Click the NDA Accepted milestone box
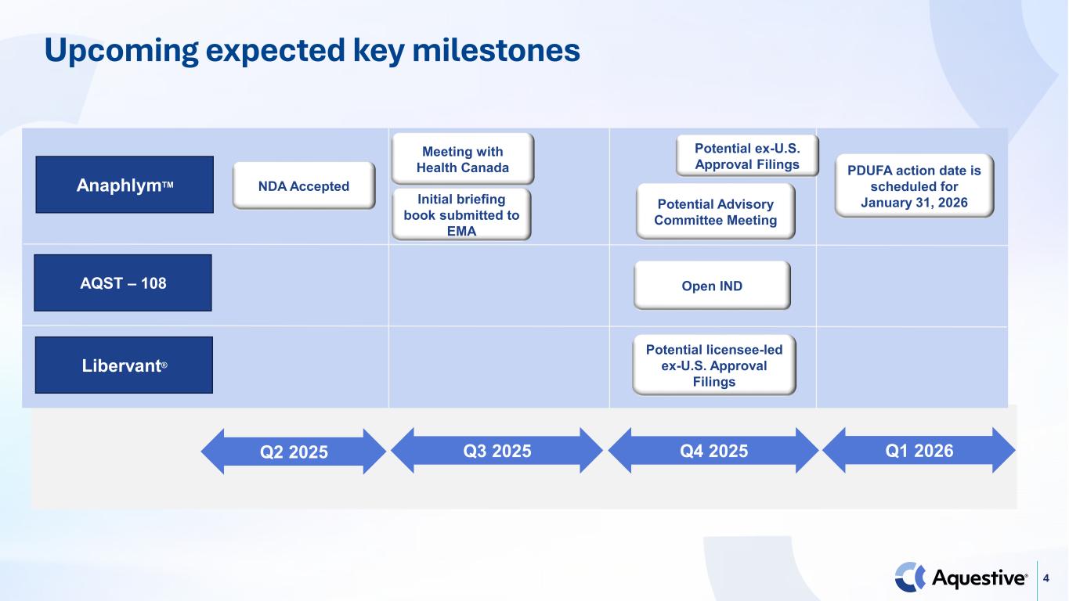pyautogui.click(x=304, y=185)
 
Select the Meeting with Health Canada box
pyautogui.click(x=462, y=159)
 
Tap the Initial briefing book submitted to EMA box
pyautogui.click(x=461, y=214)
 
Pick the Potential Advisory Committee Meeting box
pyautogui.click(x=715, y=212)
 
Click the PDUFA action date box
pyautogui.click(x=914, y=186)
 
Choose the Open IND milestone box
pyautogui.click(x=712, y=286)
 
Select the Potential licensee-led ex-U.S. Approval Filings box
pyautogui.click(x=714, y=365)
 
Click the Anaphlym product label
pyautogui.click(x=125, y=185)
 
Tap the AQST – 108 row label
pyautogui.click(x=123, y=283)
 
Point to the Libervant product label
pyautogui.click(x=124, y=365)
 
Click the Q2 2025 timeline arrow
pyautogui.click(x=294, y=452)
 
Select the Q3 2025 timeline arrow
pyautogui.click(x=497, y=450)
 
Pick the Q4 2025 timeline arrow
pyautogui.click(x=713, y=450)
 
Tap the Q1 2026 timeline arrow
pyautogui.click(x=919, y=450)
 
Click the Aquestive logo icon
pyautogui.click(x=910, y=578)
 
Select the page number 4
pyautogui.click(x=1046, y=578)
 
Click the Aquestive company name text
pyautogui.click(x=980, y=578)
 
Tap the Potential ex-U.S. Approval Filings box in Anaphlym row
pyautogui.click(x=747, y=156)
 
